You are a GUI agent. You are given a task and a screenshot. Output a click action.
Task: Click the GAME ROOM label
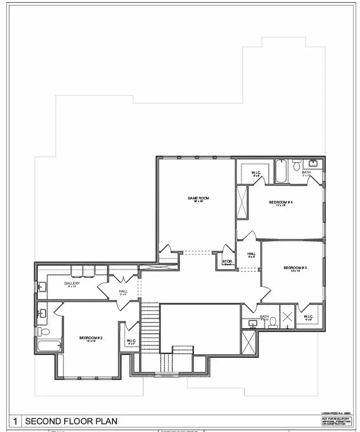coord(198,198)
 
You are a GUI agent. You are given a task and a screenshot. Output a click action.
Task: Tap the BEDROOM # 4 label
coord(281,202)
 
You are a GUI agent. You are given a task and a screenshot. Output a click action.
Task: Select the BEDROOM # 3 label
coord(295,268)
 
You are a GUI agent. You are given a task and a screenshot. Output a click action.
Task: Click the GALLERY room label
coord(72,283)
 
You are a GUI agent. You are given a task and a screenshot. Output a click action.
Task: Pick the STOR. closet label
coord(228,261)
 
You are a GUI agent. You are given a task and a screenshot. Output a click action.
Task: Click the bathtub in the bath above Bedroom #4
coord(281,171)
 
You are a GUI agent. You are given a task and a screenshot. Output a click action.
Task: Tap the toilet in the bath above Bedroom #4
coord(297,166)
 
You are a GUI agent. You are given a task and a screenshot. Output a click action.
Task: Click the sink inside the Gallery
coord(42,286)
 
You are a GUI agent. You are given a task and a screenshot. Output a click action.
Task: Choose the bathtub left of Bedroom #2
coord(49,346)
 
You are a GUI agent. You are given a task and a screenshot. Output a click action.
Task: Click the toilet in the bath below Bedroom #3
coord(273,325)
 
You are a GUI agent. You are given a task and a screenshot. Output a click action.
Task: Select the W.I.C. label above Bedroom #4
coord(256,173)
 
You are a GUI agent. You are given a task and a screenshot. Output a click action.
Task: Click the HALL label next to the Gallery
coord(123,291)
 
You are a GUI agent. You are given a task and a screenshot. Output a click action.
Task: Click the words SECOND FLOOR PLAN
coord(71,421)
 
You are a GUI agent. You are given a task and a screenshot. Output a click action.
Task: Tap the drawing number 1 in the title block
coord(16,421)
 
